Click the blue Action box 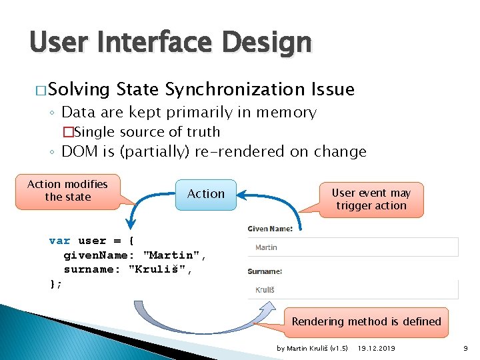(206, 194)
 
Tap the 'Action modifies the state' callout (67, 191)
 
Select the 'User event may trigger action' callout (371, 199)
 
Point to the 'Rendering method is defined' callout (366, 321)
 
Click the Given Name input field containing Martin (353, 247)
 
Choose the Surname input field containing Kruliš (353, 289)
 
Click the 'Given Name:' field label (270, 229)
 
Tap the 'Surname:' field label (265, 271)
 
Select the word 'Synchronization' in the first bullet (235, 89)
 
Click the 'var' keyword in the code (59, 241)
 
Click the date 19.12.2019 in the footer (376, 348)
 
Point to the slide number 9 (466, 348)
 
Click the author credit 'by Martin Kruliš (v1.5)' (312, 348)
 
